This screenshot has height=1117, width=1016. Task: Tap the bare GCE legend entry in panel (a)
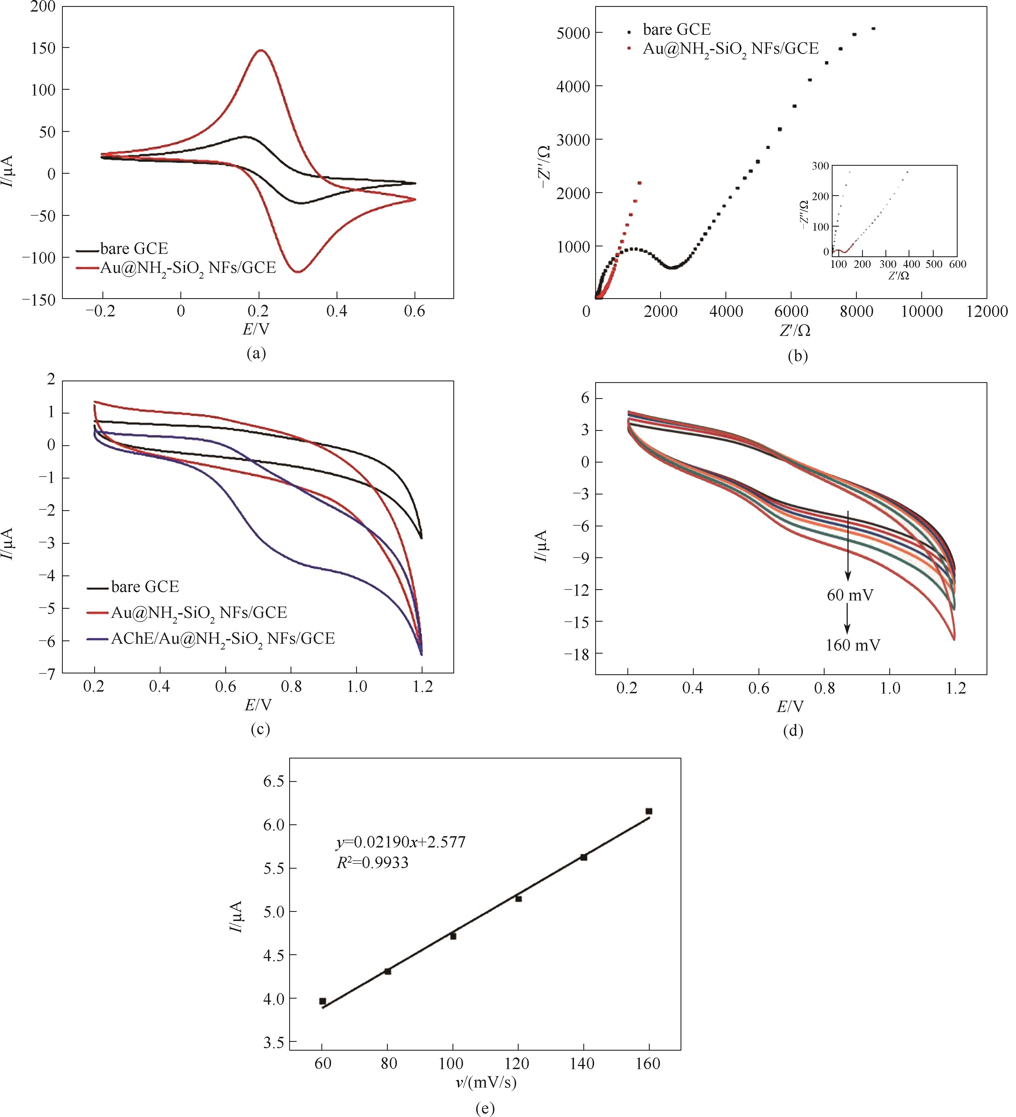(x=134, y=249)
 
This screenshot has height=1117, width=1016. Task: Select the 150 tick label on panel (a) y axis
(x=43, y=48)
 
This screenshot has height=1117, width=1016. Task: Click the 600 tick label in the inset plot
(x=957, y=264)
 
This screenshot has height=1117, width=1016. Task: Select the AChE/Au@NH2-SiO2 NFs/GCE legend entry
(x=223, y=639)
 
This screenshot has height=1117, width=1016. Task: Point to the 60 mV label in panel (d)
(x=850, y=596)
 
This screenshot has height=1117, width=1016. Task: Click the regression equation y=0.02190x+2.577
(x=401, y=842)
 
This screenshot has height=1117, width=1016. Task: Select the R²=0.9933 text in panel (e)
(x=372, y=863)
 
